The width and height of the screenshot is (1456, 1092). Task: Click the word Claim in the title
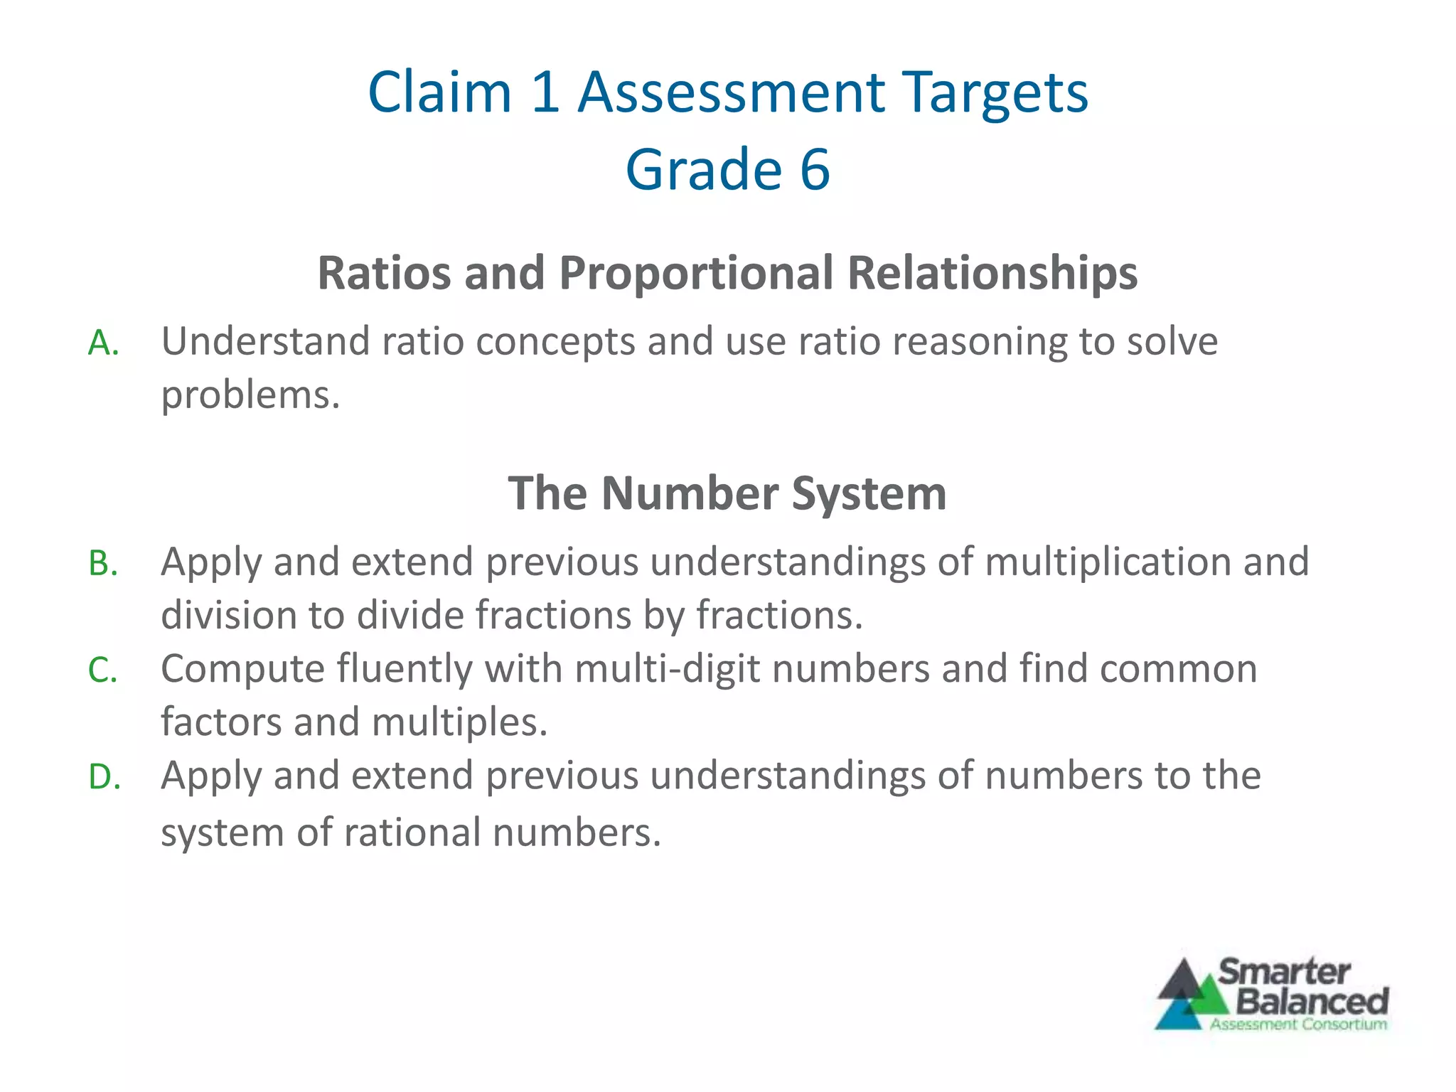(439, 92)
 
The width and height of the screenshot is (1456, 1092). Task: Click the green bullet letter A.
(102, 344)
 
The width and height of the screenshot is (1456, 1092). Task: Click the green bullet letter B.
(102, 564)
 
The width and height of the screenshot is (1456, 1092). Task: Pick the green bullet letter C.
(102, 671)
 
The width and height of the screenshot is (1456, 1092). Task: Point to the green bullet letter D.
(104, 777)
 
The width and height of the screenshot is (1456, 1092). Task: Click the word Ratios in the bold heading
(383, 273)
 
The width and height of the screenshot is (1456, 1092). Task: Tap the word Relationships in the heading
(992, 273)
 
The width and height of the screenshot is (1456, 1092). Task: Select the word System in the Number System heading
(869, 493)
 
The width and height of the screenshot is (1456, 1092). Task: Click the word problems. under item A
(250, 395)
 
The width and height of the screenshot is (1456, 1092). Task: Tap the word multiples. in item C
(459, 722)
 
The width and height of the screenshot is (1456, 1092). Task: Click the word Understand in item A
(265, 341)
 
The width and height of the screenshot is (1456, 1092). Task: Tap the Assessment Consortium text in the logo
(1298, 1024)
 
